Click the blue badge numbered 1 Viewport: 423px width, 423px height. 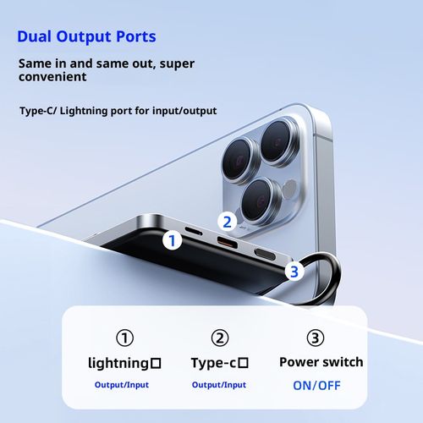pyautogui.click(x=173, y=240)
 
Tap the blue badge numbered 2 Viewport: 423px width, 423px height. pyautogui.click(x=226, y=222)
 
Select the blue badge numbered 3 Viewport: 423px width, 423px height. pyautogui.click(x=294, y=271)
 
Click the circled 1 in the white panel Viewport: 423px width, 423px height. pyautogui.click(x=124, y=338)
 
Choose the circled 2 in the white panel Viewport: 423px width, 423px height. pyautogui.click(x=220, y=338)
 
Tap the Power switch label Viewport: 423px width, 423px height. pyautogui.click(x=321, y=362)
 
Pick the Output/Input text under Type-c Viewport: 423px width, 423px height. pyautogui.click(x=219, y=385)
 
